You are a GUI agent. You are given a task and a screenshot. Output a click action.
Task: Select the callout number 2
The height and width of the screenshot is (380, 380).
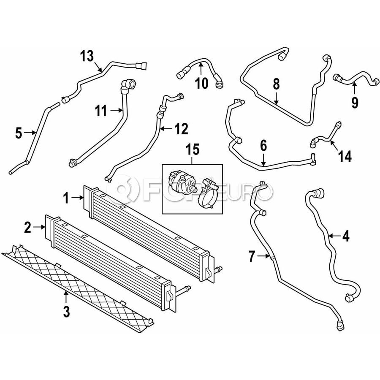pos(27,228)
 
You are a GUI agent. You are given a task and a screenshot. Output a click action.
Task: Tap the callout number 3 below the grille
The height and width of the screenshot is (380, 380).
pos(66,312)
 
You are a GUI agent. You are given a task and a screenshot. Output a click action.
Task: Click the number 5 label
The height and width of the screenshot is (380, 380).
pos(18,133)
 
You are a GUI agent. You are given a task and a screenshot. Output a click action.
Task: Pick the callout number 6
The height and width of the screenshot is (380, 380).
pos(263,146)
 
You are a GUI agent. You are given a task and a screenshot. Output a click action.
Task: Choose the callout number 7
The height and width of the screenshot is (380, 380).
pos(252,256)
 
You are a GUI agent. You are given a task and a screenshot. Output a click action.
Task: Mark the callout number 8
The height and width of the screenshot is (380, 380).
pos(276,84)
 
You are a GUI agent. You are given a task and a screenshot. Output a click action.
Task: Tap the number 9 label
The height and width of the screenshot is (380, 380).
pos(354,102)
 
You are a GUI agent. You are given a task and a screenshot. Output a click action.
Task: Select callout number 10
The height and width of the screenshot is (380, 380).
pos(202,83)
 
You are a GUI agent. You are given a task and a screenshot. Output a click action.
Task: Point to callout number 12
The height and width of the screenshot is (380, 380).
pos(182,129)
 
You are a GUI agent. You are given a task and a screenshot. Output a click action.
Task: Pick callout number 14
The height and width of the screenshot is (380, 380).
pos(345,157)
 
